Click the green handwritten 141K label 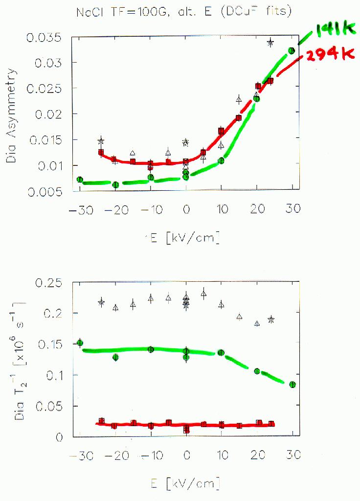335,31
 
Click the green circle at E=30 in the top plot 292,50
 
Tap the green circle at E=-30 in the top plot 80,180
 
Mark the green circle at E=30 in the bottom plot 292,385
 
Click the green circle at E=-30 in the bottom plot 80,343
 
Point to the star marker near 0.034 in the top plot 270,43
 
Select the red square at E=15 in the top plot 239,118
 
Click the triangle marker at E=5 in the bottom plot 203,294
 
